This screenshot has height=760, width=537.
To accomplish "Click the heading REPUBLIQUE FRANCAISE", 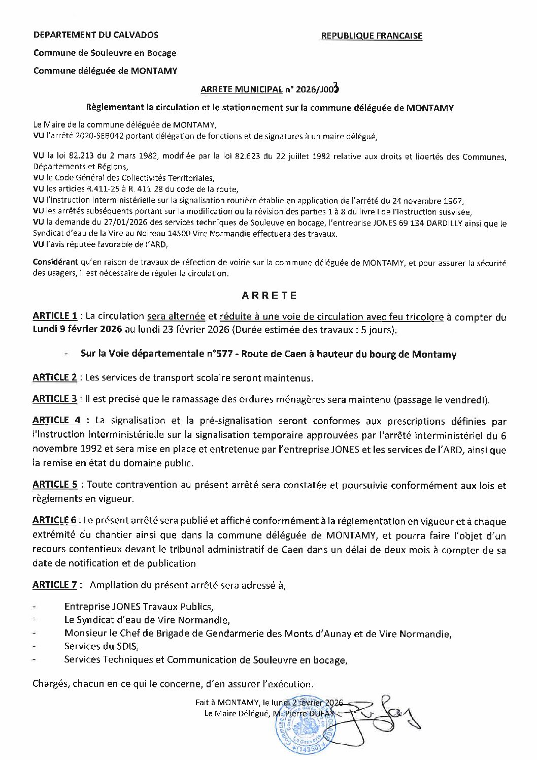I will tap(372, 36).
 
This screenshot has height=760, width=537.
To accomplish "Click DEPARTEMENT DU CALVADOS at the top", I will tap(95, 35).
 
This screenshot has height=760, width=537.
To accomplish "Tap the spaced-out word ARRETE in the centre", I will tap(269, 295).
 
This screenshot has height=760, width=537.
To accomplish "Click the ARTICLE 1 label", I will tap(55, 316).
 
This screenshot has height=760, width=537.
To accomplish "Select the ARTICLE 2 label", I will tap(55, 377).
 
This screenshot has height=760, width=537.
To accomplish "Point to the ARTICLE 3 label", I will tap(55, 399).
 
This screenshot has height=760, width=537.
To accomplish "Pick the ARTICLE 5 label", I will tap(55, 485).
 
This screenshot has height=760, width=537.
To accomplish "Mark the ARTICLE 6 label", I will tap(55, 521).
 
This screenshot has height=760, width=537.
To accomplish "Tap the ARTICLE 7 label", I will tap(55, 585).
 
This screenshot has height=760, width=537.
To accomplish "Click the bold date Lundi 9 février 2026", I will tap(77, 329).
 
